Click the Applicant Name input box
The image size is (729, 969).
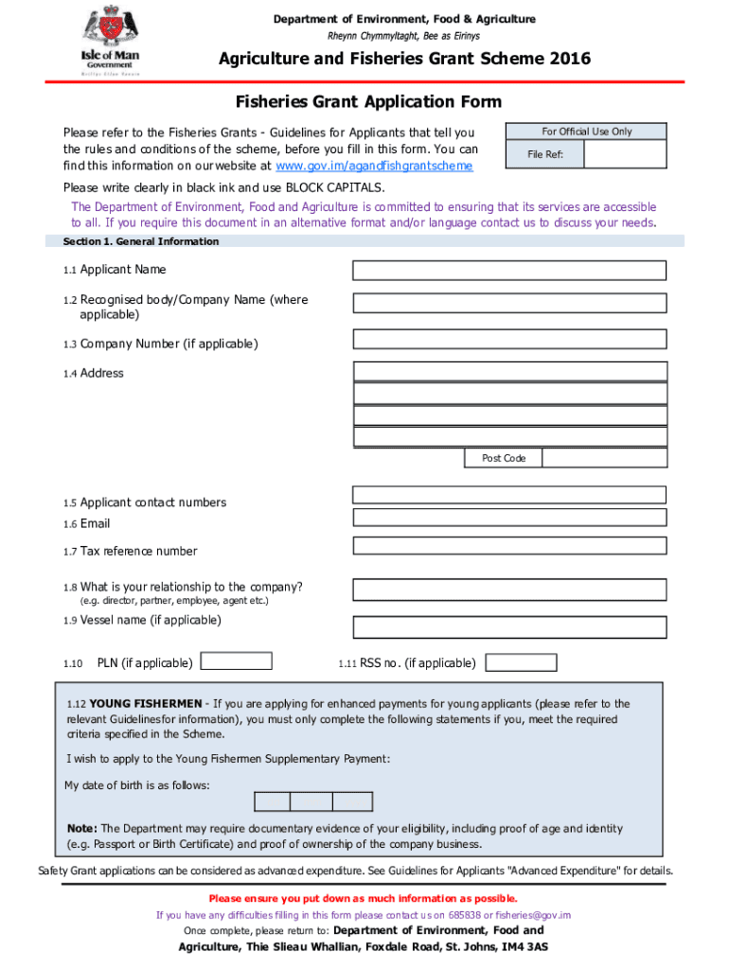[x=509, y=271]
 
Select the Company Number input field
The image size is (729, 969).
[x=509, y=340]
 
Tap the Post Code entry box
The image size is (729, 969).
[x=604, y=458]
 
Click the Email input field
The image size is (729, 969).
[x=509, y=517]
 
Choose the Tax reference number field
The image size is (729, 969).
[x=509, y=546]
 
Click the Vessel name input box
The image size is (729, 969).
[x=509, y=627]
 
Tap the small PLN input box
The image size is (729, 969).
[x=239, y=662]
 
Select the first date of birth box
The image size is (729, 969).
[x=273, y=802]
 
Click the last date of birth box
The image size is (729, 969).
[x=352, y=802]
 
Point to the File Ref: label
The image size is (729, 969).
[x=545, y=154]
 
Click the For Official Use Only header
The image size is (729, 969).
[x=586, y=132]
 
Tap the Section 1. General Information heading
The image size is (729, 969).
[x=141, y=242]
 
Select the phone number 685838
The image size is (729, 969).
[x=464, y=915]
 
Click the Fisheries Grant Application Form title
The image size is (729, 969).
[x=368, y=102]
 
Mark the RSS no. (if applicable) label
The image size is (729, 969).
[x=418, y=663]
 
